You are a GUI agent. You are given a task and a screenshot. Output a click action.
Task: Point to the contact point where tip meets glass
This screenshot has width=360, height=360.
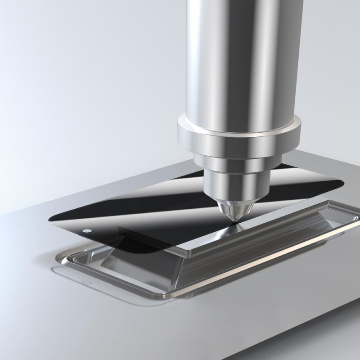tap(232, 221)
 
